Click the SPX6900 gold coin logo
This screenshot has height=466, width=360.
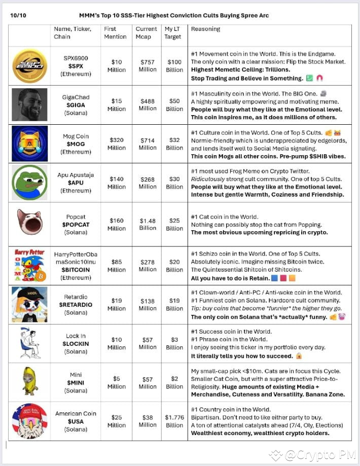point(29,66)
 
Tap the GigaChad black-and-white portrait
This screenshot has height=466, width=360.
point(29,105)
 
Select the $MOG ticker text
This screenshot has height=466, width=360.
point(76,144)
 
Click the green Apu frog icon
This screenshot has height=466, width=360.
point(29,182)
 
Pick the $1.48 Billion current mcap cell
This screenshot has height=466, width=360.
point(148,224)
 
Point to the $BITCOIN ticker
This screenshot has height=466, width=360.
point(76,270)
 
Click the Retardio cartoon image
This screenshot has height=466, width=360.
point(29,304)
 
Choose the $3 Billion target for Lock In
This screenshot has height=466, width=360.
point(174,343)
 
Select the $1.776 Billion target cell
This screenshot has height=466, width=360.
point(174,421)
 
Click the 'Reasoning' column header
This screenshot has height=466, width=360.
point(205,29)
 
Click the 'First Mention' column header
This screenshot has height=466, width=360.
point(115,32)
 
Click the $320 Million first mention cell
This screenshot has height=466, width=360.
point(117,144)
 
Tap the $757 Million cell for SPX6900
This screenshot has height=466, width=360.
point(148,66)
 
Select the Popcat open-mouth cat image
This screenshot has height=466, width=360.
point(29,222)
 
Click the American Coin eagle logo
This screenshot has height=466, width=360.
point(29,420)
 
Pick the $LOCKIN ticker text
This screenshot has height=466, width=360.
point(76,343)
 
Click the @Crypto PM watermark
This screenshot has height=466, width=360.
point(313,455)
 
